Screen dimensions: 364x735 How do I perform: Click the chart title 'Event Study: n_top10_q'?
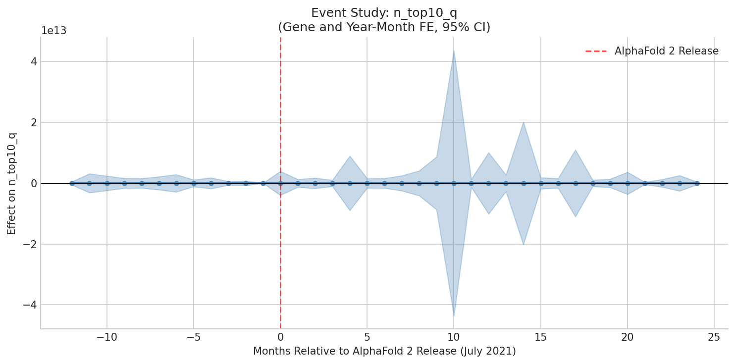point(384,13)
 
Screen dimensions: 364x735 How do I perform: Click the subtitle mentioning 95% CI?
point(384,27)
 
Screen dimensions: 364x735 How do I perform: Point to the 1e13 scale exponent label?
point(53,31)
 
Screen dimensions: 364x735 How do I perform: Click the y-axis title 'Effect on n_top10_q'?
point(12,183)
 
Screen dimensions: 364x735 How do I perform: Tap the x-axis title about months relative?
point(384,351)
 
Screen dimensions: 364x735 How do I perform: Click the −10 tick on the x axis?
point(106,337)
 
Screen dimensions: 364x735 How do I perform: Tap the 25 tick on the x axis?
point(714,337)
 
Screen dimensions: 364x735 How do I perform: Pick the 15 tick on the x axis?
point(541,337)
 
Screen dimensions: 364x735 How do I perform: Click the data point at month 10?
point(454,183)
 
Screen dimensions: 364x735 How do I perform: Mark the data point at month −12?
point(72,183)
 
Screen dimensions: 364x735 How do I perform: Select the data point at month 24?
point(697,183)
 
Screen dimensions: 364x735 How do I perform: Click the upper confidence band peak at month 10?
point(454,51)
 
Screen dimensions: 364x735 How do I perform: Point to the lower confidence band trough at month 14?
point(524,244)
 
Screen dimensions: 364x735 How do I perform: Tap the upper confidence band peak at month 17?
point(576,150)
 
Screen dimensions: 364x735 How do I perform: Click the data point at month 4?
point(350,183)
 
